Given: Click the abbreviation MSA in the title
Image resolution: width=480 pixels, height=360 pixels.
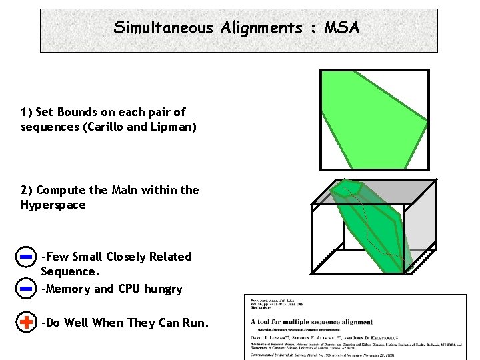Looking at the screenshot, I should click(342, 28).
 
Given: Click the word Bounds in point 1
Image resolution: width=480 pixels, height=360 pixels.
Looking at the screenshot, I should click(79, 112).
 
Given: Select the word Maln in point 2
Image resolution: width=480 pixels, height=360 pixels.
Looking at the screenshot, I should click(143, 190).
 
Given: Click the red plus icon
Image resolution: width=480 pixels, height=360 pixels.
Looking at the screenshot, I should click(26, 323).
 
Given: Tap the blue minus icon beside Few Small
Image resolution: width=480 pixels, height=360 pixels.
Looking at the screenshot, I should click(26, 256).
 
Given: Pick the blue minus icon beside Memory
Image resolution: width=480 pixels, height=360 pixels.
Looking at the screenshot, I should click(26, 289).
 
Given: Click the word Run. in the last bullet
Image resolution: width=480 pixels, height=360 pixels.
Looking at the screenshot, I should click(195, 323).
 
